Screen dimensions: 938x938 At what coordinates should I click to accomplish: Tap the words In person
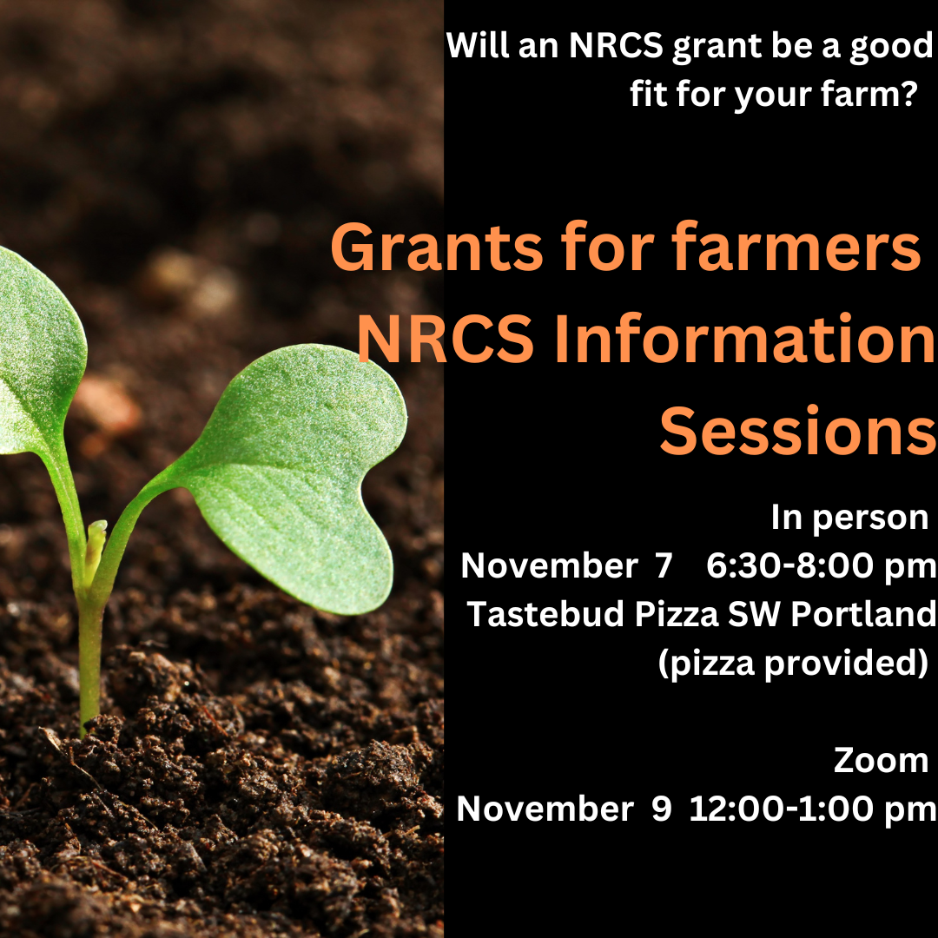(x=849, y=518)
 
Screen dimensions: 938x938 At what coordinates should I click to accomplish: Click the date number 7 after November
(x=663, y=566)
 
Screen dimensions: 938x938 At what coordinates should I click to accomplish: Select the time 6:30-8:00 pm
(x=821, y=566)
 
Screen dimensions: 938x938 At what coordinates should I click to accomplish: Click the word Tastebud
(x=546, y=614)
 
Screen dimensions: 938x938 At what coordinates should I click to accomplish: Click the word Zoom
(x=881, y=760)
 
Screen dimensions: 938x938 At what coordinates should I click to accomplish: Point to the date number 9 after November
(x=661, y=809)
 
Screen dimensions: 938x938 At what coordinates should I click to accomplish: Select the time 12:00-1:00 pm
(x=813, y=809)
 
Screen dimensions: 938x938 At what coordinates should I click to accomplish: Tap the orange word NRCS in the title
(x=446, y=341)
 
